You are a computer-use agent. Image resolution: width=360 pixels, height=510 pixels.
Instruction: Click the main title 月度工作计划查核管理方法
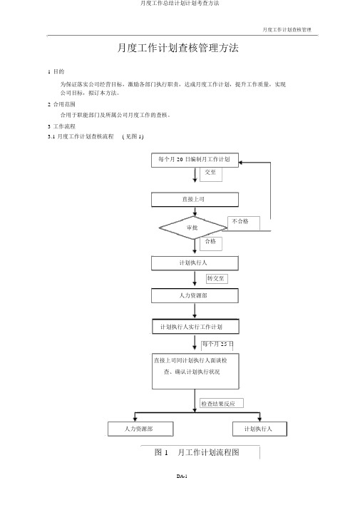[178, 48]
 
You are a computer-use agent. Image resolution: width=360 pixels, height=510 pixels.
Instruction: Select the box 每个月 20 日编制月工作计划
[195, 160]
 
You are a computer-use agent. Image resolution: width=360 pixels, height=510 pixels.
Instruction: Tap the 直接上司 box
[195, 200]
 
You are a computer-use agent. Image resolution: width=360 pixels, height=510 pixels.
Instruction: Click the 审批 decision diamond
[193, 228]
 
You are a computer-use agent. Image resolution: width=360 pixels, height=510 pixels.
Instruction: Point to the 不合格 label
[240, 222]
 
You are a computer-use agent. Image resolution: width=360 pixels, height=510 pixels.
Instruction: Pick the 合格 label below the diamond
[210, 241]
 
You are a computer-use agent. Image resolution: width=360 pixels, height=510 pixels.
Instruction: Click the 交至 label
[210, 172]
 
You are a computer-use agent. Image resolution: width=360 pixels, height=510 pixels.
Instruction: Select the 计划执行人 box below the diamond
[195, 263]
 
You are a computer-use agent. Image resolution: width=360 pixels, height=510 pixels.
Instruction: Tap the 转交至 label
[215, 278]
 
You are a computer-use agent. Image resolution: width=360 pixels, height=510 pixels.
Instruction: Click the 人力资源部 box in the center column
[195, 295]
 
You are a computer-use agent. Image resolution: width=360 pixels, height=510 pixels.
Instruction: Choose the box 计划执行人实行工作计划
[195, 327]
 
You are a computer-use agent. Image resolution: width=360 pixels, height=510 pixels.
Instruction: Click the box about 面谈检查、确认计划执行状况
[195, 371]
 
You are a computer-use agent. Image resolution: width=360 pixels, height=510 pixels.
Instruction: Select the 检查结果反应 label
[218, 404]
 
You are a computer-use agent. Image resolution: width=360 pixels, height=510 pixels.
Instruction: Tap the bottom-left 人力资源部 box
[140, 429]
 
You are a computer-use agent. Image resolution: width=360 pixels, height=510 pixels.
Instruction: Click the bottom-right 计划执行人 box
[259, 429]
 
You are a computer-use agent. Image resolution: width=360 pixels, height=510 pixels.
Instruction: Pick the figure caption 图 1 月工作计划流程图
[197, 452]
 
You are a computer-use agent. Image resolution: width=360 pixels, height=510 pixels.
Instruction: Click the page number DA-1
[182, 476]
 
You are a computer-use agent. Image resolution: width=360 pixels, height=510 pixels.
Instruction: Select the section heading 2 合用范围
[61, 104]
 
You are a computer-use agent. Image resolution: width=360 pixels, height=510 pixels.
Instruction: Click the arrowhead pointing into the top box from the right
[241, 163]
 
